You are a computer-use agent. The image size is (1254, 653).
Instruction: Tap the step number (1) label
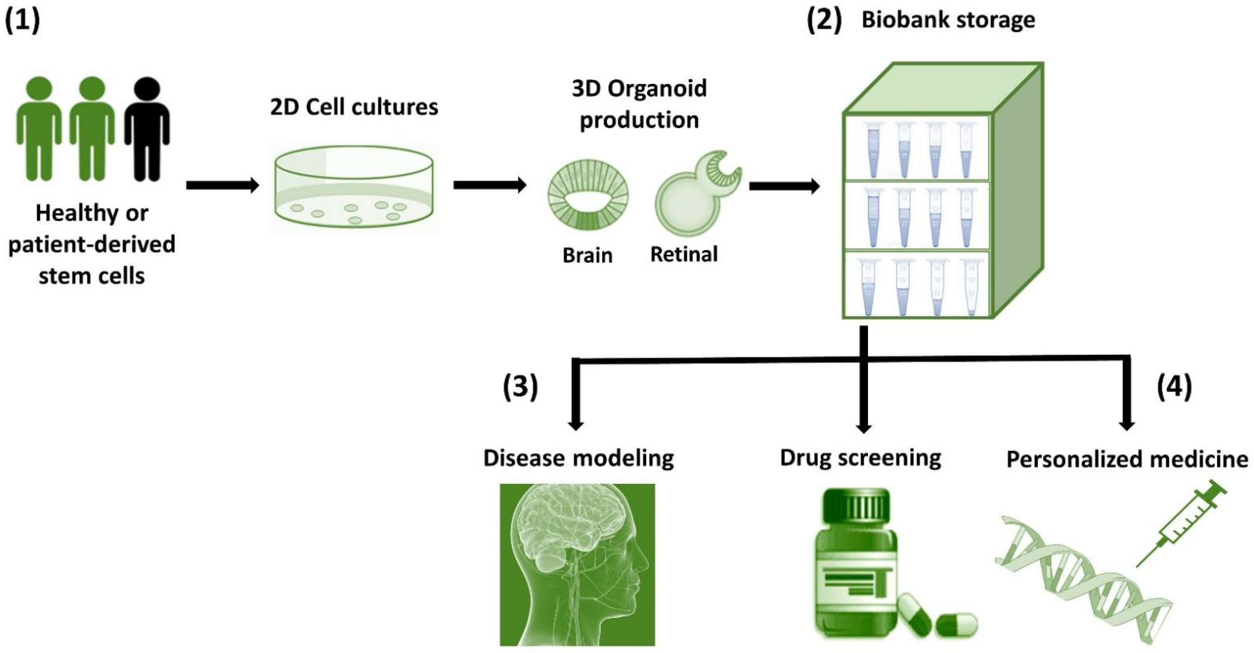click(22, 21)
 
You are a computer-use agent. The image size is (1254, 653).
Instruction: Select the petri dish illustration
click(354, 188)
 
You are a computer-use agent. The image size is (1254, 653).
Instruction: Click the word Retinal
click(684, 254)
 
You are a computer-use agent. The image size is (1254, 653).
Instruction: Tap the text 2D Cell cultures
click(354, 107)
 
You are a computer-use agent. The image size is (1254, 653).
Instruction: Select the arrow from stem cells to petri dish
click(223, 185)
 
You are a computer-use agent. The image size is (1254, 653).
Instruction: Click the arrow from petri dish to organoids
click(489, 185)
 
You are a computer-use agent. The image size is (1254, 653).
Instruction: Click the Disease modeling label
click(578, 458)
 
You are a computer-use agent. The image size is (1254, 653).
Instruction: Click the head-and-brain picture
click(577, 565)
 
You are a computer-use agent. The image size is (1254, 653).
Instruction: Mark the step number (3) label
click(520, 387)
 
